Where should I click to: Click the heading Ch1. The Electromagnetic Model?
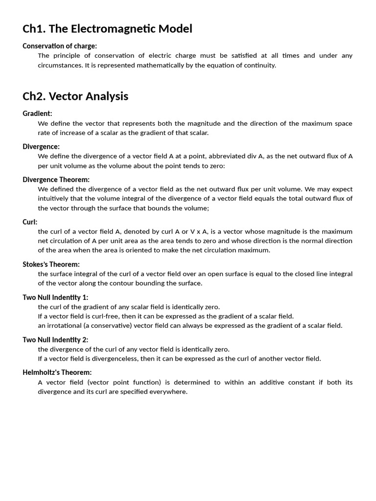pos(107,29)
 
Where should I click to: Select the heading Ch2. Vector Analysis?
pos(75,96)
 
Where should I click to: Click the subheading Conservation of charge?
pos(60,46)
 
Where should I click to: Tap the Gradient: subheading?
pos(37,114)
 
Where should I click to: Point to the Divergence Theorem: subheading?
pos(56,180)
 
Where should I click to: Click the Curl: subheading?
pos(30,222)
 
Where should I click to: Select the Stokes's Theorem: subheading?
pos(51,265)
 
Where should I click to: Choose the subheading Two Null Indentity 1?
pos(55,297)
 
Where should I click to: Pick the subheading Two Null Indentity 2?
pos(55,340)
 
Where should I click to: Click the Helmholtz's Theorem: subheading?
pos(57,373)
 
